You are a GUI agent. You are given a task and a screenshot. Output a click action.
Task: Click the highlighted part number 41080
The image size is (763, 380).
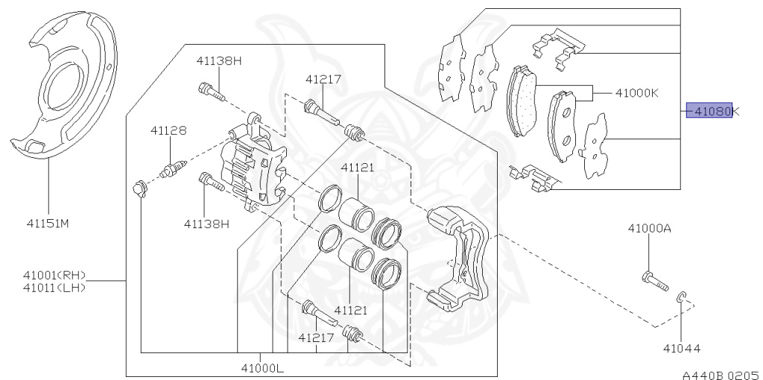pyautogui.click(x=709, y=111)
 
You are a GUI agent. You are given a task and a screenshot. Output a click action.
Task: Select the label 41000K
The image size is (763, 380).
pyautogui.click(x=637, y=92)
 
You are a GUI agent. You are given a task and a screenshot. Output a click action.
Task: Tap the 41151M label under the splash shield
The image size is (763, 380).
pyautogui.click(x=48, y=224)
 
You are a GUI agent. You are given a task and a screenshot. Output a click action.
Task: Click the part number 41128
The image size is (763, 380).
pyautogui.click(x=168, y=130)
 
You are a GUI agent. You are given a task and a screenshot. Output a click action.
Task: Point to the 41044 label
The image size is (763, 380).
pyautogui.click(x=682, y=349)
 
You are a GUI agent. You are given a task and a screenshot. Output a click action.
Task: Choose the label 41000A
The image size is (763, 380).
pyautogui.click(x=649, y=228)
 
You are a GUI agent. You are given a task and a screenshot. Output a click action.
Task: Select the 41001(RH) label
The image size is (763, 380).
pyautogui.click(x=54, y=276)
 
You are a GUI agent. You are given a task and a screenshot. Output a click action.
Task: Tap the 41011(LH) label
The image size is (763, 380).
pyautogui.click(x=54, y=288)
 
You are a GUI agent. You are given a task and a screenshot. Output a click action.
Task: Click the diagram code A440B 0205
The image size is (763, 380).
pyautogui.click(x=721, y=375)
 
